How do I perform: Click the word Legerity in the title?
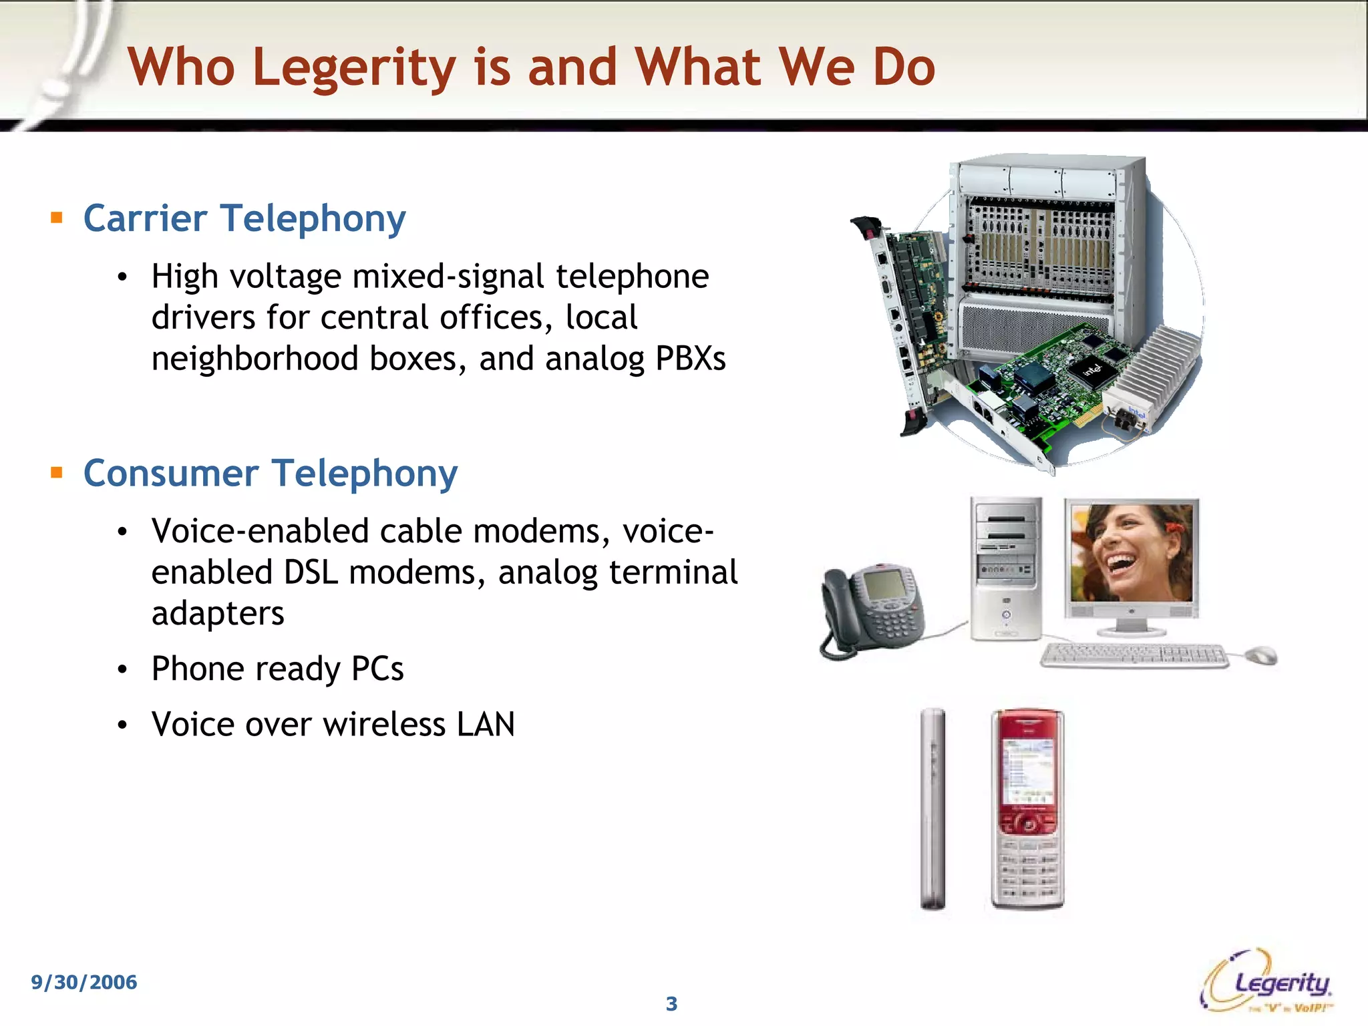(354, 68)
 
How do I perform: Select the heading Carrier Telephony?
(244, 218)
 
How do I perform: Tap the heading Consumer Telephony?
(271, 474)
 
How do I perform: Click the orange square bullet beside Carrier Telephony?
(57, 218)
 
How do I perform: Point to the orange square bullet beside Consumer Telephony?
(57, 473)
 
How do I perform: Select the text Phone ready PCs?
(277, 669)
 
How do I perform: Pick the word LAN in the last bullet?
(486, 725)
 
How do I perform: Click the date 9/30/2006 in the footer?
(84, 982)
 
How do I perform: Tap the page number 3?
(671, 1003)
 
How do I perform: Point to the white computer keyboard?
(1134, 655)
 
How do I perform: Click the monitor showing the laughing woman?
(1132, 561)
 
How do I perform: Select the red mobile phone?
(1027, 809)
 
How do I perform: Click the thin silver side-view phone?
(933, 809)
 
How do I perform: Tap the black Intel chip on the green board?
(1091, 369)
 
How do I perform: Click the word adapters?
(218, 614)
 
